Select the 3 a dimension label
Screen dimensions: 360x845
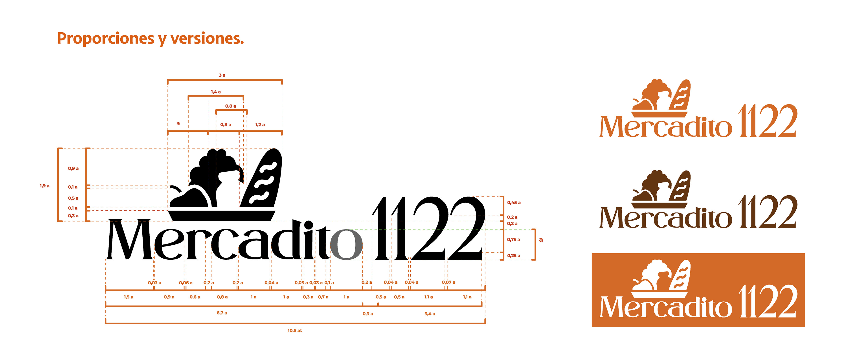point(222,75)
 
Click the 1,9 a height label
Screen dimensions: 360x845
point(45,186)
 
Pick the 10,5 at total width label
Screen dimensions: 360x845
point(295,331)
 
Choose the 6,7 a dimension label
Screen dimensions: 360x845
point(222,313)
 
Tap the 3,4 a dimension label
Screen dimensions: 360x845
point(430,314)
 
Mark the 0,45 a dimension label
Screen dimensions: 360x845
point(514,202)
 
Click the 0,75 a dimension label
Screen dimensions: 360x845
point(513,240)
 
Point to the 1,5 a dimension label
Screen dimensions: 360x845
point(128,297)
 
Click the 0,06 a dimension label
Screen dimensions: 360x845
point(186,283)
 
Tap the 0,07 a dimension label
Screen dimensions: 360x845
point(448,282)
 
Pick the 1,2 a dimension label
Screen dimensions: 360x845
point(260,125)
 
